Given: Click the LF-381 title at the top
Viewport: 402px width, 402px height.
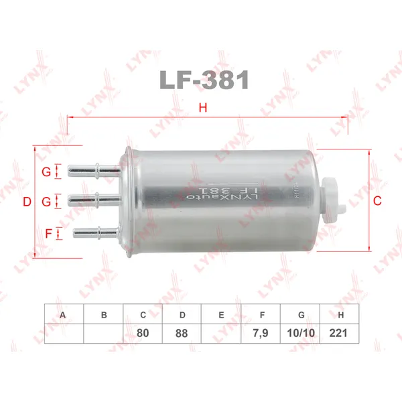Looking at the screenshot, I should pyautogui.click(x=204, y=80).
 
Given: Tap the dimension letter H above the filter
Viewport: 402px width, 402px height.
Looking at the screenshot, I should pyautogui.click(x=203, y=108).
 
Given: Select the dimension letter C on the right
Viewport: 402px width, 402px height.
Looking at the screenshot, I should pyautogui.click(x=377, y=200).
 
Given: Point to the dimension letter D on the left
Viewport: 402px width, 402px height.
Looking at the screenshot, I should pyautogui.click(x=27, y=202).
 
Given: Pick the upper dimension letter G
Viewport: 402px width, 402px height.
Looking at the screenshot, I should pyautogui.click(x=46, y=172).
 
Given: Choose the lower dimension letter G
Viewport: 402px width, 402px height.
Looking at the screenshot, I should pyautogui.click(x=46, y=202).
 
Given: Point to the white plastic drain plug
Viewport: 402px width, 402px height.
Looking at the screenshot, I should pyautogui.click(x=332, y=194).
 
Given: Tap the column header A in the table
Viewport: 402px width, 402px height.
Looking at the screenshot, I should pyautogui.click(x=64, y=314).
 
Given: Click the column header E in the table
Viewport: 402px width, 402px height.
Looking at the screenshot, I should pyautogui.click(x=222, y=314).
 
